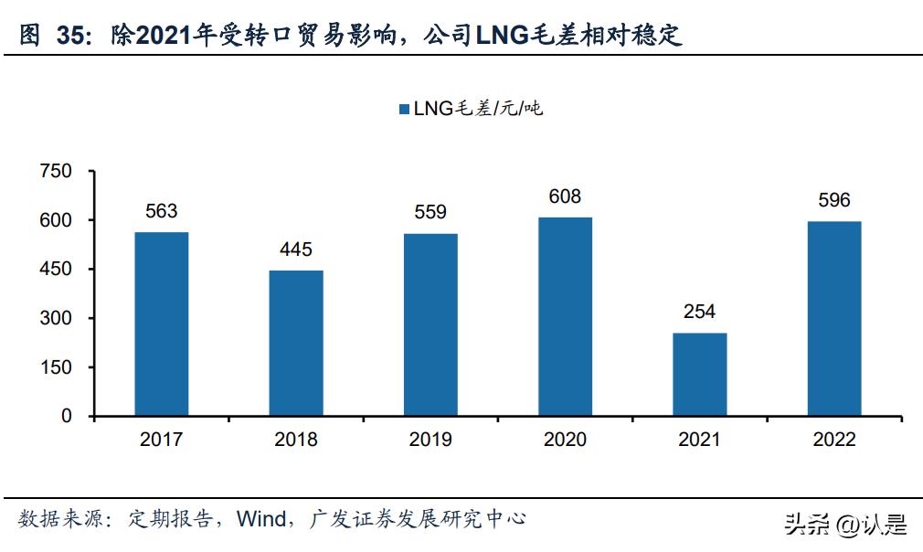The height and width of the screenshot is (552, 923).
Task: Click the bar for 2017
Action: coord(162,324)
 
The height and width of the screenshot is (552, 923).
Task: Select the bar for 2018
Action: coord(296,344)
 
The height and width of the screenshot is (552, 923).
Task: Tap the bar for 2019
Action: coord(430,325)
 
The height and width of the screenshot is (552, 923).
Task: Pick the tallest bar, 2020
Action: coord(565,317)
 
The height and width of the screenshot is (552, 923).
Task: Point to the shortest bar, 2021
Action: coord(700,375)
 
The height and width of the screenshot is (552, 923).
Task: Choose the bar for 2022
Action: coord(834,319)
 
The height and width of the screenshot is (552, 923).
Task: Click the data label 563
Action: coord(162,211)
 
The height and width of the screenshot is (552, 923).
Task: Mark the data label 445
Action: coord(296,249)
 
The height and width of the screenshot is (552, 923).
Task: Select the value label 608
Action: coord(565,196)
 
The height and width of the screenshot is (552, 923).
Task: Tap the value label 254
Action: coord(700,312)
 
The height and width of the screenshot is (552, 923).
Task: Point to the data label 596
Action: coord(834,200)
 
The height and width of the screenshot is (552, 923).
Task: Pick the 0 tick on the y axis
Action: coord(65,417)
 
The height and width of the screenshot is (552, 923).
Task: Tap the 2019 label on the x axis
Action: coord(430,440)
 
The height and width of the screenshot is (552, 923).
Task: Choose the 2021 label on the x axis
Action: coord(700,440)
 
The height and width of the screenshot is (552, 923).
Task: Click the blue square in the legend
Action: coord(404,110)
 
